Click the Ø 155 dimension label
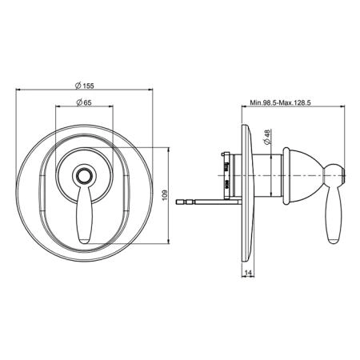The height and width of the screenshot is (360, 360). pos(85,86)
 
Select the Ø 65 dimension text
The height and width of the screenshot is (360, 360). pos(84,102)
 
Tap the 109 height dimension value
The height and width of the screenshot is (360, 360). pos(164,195)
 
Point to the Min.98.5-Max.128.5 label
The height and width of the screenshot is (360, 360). pos(280,102)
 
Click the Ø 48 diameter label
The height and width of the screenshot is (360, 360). pos(267,137)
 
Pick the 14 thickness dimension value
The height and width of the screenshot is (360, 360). pos(248,273)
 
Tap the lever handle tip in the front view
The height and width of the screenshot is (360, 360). pos(85,241)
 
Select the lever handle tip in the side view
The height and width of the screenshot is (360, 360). pos(334,241)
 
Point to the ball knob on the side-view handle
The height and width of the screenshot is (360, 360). pos(335,176)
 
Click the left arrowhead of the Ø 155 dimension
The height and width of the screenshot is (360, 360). pos(18,90)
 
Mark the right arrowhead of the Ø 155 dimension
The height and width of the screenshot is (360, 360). pos(150,90)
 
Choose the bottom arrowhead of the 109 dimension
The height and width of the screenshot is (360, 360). pos(169,242)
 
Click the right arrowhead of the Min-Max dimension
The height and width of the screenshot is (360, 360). pos(343,106)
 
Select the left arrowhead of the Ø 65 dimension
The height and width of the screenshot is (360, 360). pos(58,106)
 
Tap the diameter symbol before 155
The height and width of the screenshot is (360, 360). pos(78,86)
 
